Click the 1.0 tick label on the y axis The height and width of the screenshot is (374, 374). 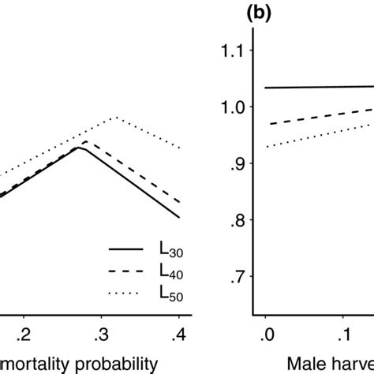[x=232, y=107]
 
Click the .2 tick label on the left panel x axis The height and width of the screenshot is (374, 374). [x=24, y=332]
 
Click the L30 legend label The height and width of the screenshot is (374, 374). [x=171, y=251]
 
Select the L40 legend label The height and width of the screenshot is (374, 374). [x=171, y=272]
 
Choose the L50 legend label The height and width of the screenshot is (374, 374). [x=171, y=294]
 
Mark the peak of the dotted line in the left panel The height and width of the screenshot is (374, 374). [x=116, y=117]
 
